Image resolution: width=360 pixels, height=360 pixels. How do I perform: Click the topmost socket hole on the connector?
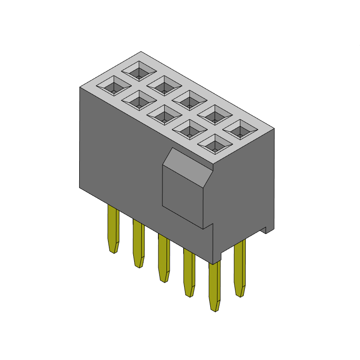point(139,71)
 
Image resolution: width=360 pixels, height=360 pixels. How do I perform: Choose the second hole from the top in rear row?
point(164,85)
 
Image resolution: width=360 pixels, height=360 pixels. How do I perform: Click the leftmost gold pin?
point(114,227)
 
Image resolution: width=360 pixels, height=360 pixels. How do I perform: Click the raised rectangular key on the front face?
point(182,198)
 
